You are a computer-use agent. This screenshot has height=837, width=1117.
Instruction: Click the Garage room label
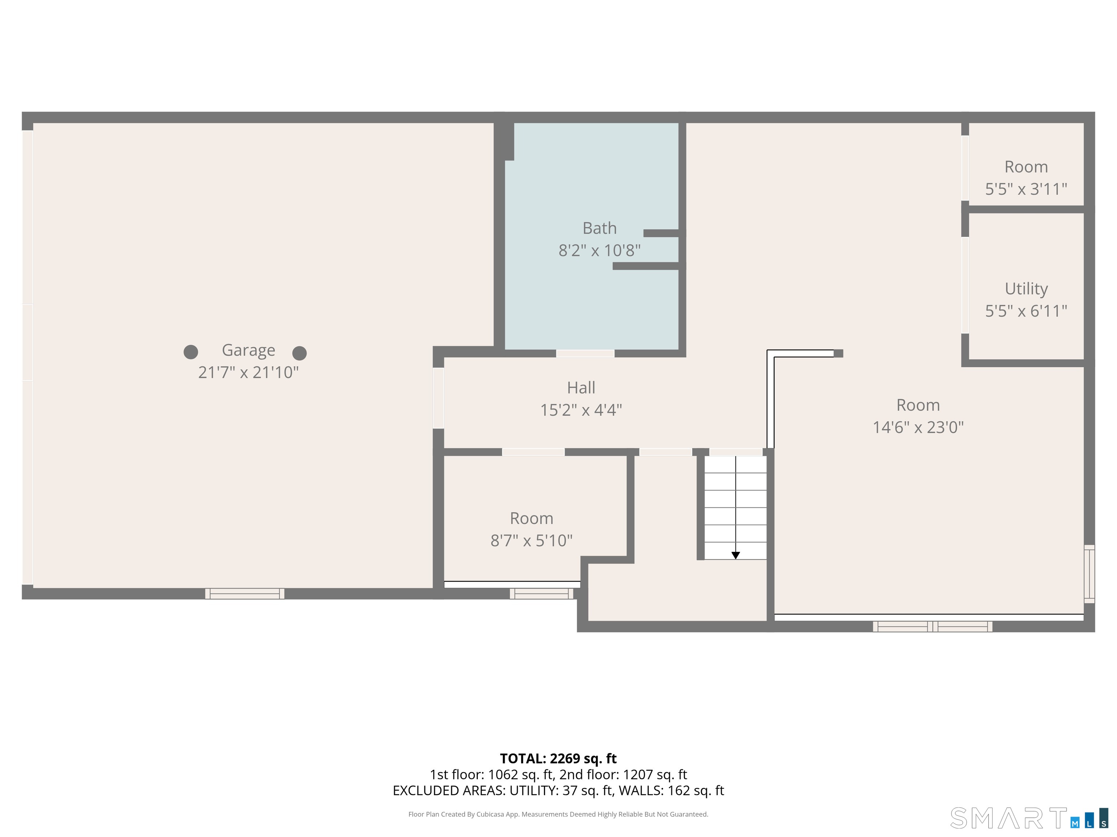[x=248, y=351]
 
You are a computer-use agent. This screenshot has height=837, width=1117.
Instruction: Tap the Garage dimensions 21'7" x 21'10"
[x=248, y=372]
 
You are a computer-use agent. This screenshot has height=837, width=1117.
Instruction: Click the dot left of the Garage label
[x=191, y=352]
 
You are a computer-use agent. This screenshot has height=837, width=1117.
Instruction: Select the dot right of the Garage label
[x=300, y=353]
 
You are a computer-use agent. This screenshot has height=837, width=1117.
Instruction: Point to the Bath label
[x=599, y=228]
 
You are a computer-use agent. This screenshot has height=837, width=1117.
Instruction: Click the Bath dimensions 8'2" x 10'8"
[x=599, y=250]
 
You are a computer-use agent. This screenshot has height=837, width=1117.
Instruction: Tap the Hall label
[x=581, y=388]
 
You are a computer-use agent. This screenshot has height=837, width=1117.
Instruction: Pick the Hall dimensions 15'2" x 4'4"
[x=581, y=410]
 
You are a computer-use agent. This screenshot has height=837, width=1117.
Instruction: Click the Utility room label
[x=1026, y=289]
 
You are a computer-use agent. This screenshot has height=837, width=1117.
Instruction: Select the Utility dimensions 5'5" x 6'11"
[x=1026, y=311]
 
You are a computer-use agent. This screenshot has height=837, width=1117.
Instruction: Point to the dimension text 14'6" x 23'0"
[x=918, y=427]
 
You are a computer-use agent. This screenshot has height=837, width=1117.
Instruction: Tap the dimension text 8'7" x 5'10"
[x=531, y=540]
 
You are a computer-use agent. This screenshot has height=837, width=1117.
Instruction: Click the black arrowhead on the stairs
[x=736, y=555]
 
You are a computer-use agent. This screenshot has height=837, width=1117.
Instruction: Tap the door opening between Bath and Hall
[x=585, y=353]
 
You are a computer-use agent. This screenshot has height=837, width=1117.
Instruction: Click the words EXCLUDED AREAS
[x=448, y=790]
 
